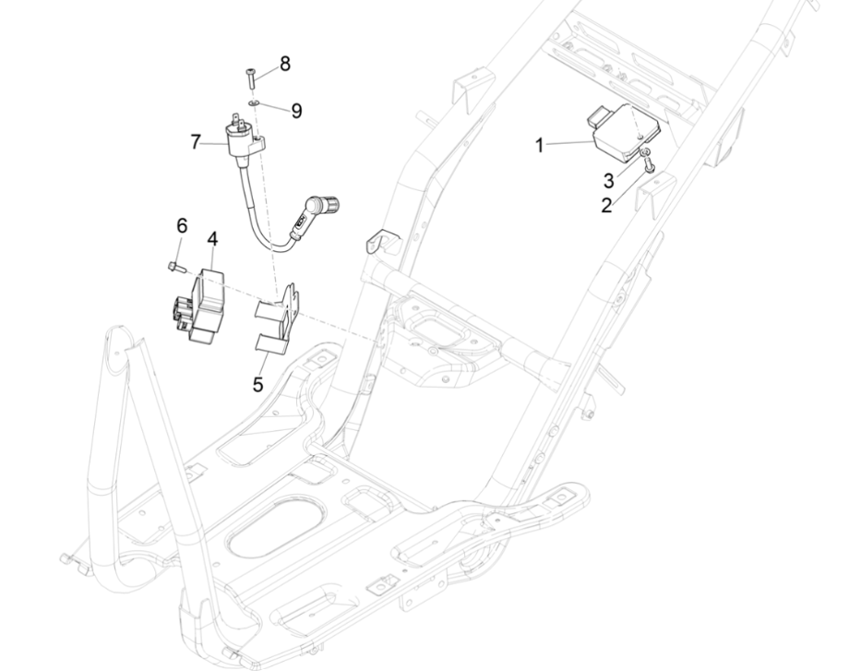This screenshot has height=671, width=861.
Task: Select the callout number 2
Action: click(606, 205)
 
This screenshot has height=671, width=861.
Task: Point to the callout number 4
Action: click(213, 239)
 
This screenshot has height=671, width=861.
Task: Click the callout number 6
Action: click(182, 226)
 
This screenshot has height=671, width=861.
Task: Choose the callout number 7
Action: click(196, 142)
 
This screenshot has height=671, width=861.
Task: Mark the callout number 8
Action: click(284, 64)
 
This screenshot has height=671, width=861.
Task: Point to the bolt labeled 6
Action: click(174, 267)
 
